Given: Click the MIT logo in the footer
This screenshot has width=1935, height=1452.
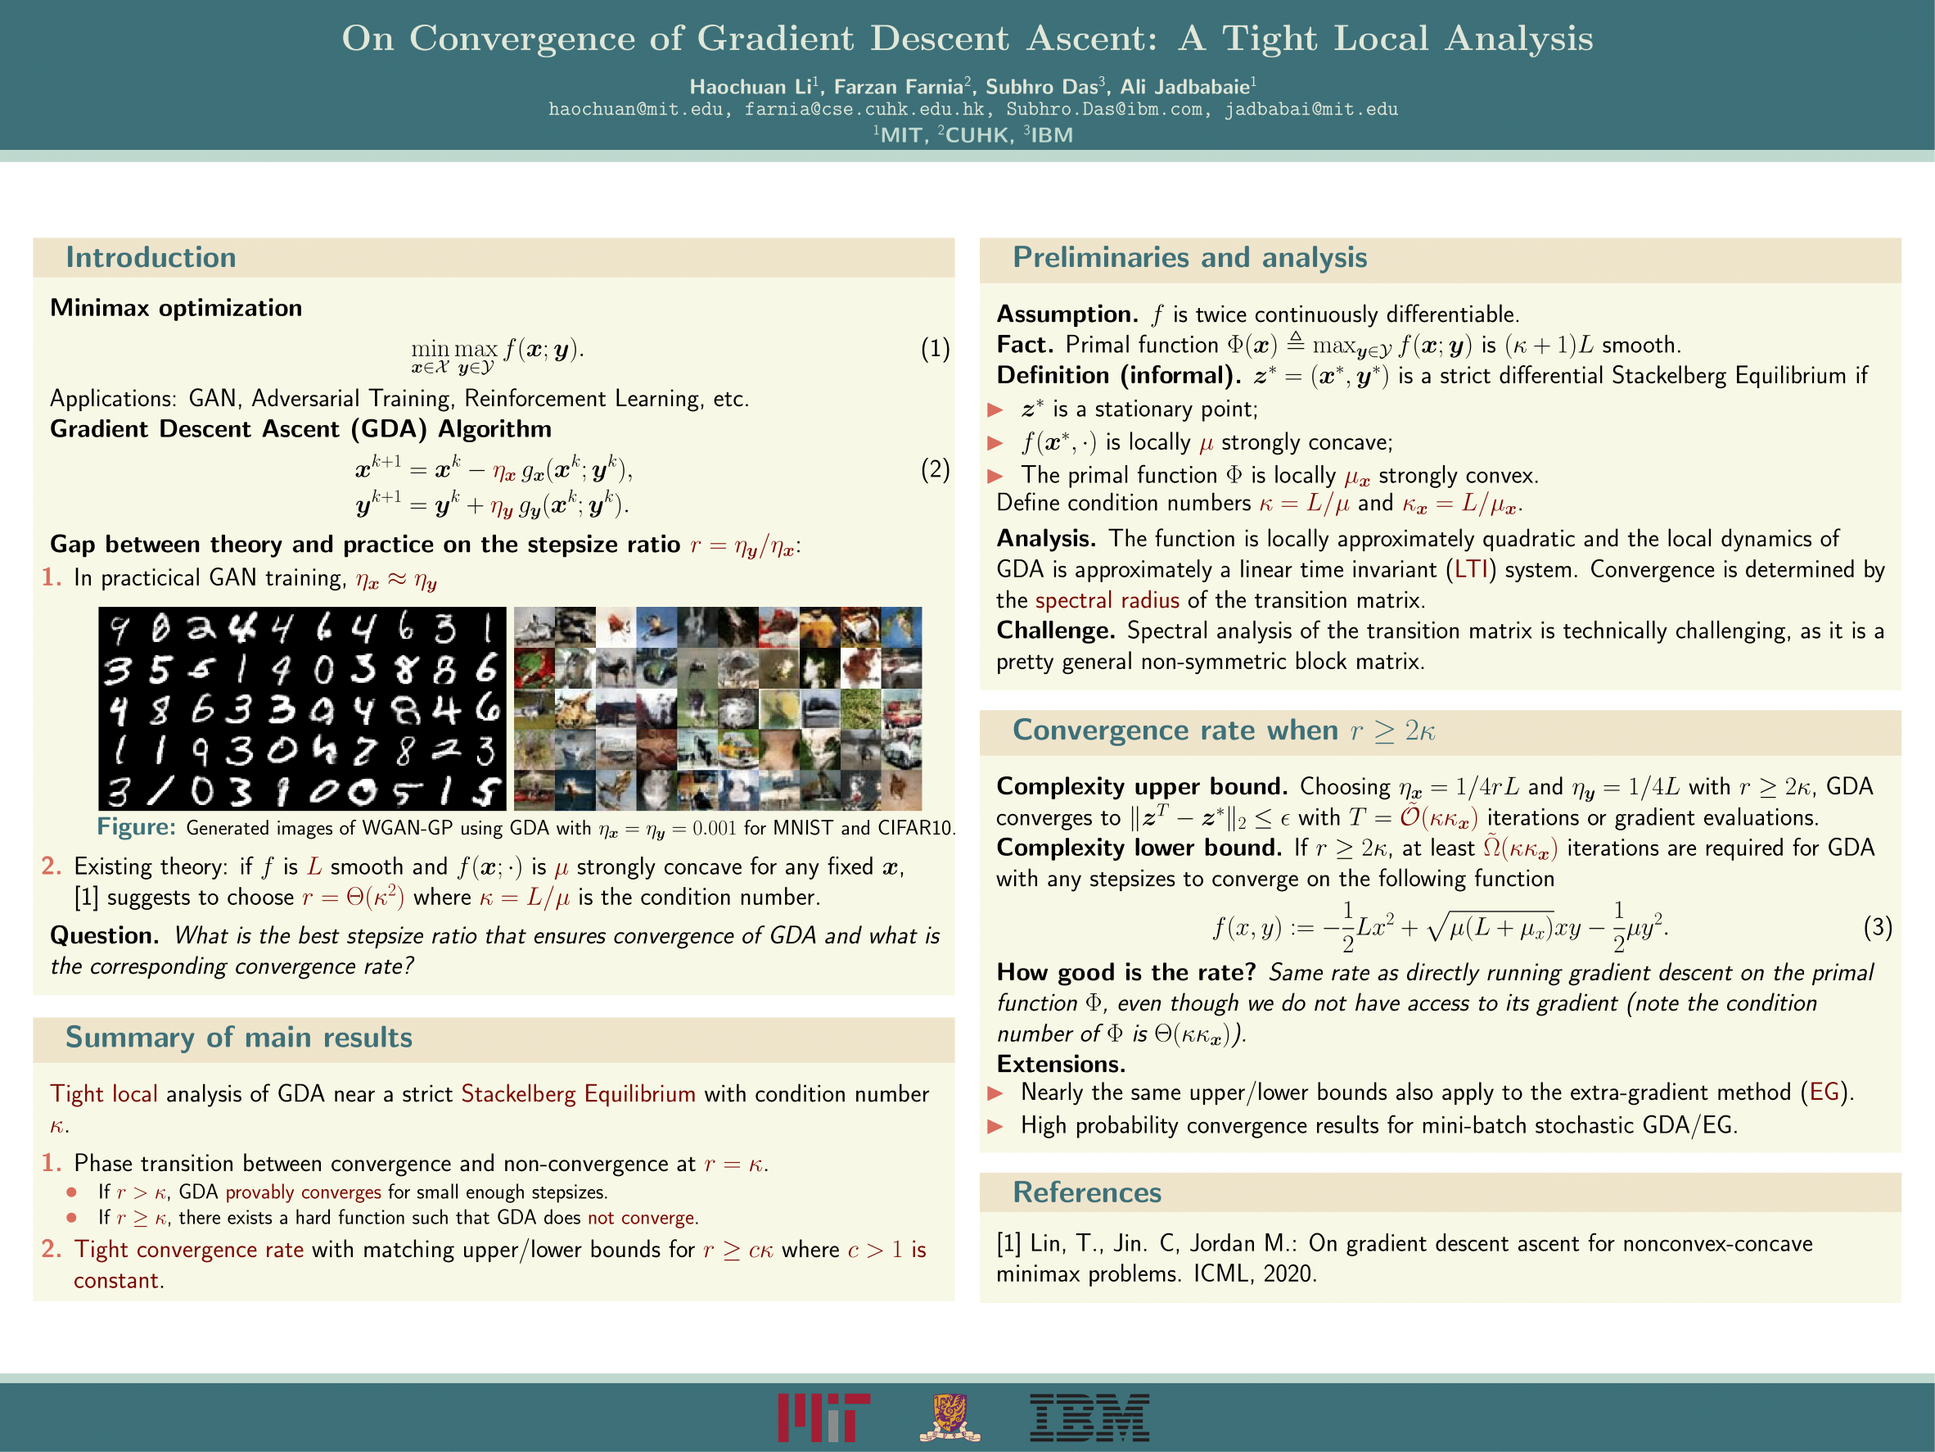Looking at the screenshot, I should pos(823,1417).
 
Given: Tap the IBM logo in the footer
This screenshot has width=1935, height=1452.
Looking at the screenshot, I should pos(1089,1418).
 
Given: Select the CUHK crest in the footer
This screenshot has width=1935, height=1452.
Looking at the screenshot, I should pos(950,1418).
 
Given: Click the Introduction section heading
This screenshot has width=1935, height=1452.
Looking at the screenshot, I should pos(151,257).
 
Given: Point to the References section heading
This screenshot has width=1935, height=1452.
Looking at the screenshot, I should pos(1086,1192).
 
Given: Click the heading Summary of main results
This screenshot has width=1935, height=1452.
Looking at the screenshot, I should pos(239,1037).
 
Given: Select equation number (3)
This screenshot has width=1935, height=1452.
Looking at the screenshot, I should pos(1877,927).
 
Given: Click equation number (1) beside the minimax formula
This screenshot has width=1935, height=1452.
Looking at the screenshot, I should pos(935,349).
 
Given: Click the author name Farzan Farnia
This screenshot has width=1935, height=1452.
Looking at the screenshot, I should pos(899,87).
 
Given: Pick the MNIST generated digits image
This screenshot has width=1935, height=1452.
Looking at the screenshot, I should pos(302,708).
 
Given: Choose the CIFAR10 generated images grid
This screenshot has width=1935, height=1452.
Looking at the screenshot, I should pos(717,708).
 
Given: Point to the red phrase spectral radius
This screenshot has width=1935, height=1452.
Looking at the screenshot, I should pos(1107,600).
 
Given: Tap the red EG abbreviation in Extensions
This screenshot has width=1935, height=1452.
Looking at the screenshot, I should pos(1824,1092).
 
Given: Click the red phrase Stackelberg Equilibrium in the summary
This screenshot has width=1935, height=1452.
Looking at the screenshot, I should pos(578,1094).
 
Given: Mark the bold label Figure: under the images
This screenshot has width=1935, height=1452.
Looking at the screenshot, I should pos(137,827).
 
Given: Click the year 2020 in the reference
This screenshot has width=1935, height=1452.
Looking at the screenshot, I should pos(1288,1273).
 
